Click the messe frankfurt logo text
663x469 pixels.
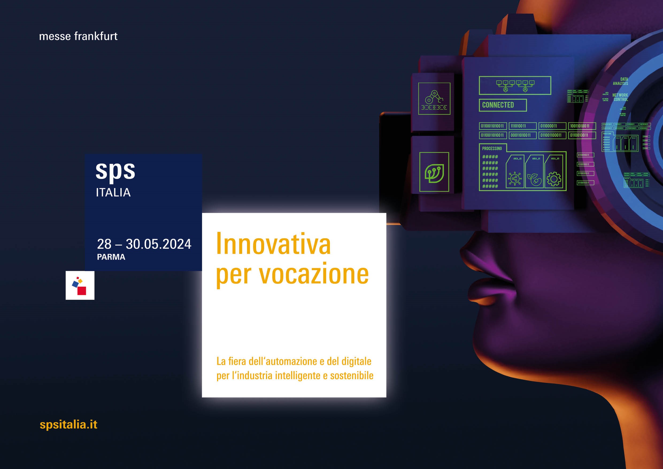(78, 36)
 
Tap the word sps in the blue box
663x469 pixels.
(115, 171)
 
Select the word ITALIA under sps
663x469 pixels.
(113, 193)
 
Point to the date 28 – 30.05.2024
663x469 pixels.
(144, 244)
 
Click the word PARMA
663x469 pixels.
(111, 257)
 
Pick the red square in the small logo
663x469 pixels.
(82, 291)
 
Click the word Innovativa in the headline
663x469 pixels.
(273, 244)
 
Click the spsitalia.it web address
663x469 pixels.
(68, 425)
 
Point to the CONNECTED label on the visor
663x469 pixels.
(498, 105)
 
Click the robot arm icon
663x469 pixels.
(434, 99)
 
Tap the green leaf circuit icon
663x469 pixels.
(434, 172)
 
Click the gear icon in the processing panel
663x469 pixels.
(554, 179)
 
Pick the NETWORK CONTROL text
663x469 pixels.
(620, 97)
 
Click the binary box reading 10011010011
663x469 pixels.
(581, 126)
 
